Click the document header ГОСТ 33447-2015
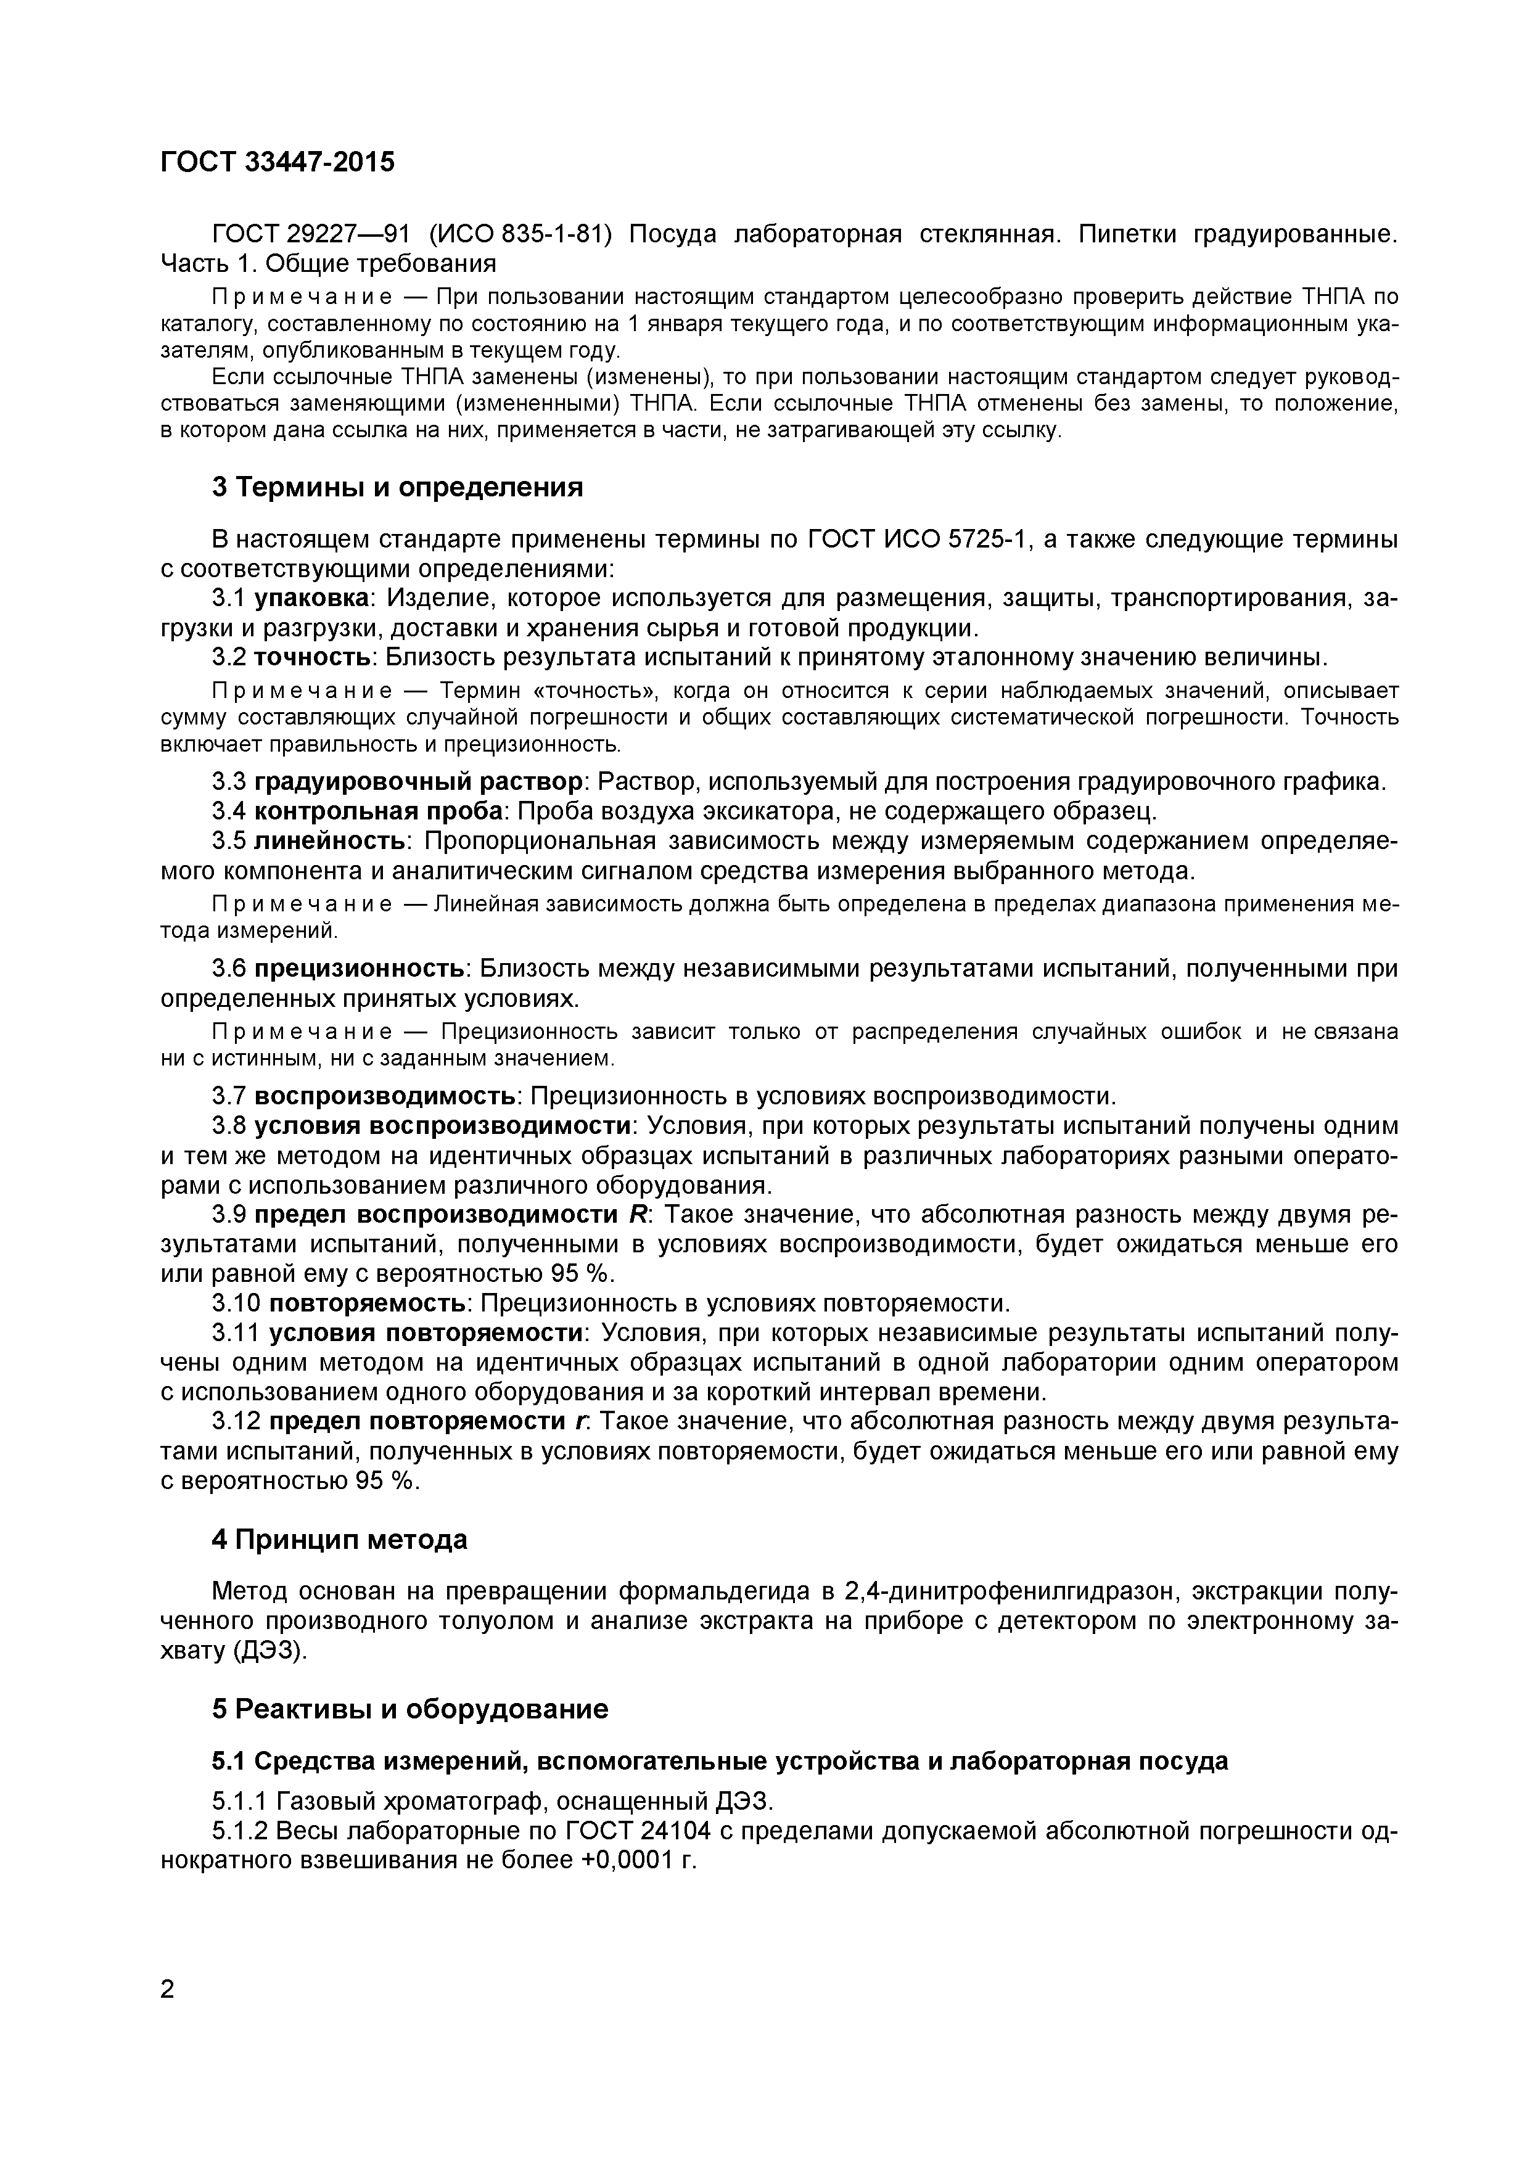pos(277,163)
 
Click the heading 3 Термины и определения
pos(397,488)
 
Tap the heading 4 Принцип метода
pos(339,1540)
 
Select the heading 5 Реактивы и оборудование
pos(410,1710)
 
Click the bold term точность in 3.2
pos(315,657)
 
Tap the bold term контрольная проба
pos(380,811)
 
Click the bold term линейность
pos(330,840)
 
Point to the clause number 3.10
pos(234,1304)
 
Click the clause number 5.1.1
pos(241,1802)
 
